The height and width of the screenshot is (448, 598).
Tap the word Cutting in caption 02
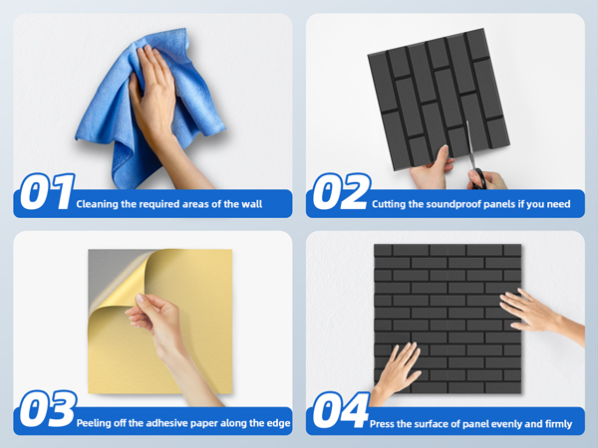coord(390,204)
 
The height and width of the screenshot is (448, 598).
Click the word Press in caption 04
coord(384,424)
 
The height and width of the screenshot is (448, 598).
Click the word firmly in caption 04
coord(557,424)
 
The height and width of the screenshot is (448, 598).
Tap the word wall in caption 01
coord(249,204)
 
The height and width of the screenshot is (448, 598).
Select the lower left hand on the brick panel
coord(399,368)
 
